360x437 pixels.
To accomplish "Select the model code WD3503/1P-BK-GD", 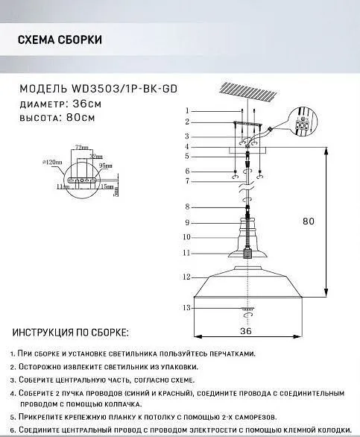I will tap(126, 87).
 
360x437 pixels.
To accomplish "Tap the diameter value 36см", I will tap(86, 103).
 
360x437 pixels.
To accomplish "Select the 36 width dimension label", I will tap(246, 330).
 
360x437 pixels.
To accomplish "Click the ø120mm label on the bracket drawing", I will tap(53, 161).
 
